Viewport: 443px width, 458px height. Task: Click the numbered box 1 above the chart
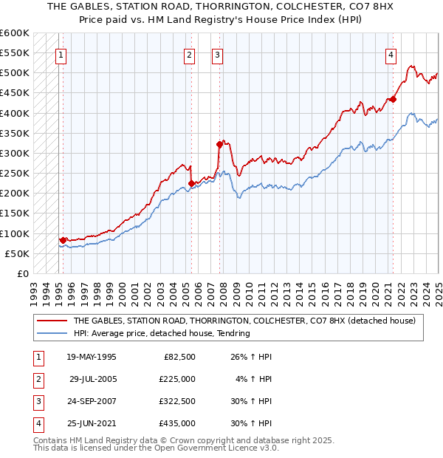point(61,54)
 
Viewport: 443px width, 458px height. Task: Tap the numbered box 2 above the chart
point(190,54)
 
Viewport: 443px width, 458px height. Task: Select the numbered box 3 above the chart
point(217,54)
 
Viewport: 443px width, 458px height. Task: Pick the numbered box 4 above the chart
point(390,54)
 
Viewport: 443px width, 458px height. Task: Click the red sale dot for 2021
point(394,99)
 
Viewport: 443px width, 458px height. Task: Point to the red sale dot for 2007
point(219,144)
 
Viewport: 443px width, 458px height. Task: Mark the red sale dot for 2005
point(192,183)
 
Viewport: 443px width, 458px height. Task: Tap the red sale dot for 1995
point(63,240)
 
